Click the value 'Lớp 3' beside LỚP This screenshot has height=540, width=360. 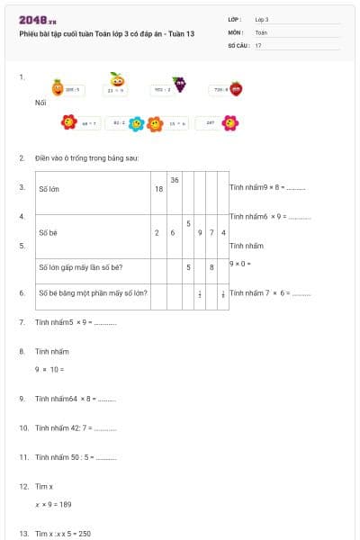[262, 19]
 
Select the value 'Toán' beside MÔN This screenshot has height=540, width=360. [261, 31]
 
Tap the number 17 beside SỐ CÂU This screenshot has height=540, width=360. [258, 44]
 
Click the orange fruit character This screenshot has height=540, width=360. [57, 88]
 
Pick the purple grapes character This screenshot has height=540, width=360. [180, 85]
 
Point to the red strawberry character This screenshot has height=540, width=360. [236, 88]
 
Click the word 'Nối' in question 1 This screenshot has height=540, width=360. [40, 103]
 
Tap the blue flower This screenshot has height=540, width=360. [136, 123]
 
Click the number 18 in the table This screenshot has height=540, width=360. [158, 188]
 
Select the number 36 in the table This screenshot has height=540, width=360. [174, 180]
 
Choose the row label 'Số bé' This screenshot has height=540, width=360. [48, 232]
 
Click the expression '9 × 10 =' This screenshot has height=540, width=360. [49, 369]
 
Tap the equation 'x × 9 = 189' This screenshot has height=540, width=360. [54, 504]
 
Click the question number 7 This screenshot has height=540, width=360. [22, 321]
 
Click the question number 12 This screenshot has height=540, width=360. [23, 486]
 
